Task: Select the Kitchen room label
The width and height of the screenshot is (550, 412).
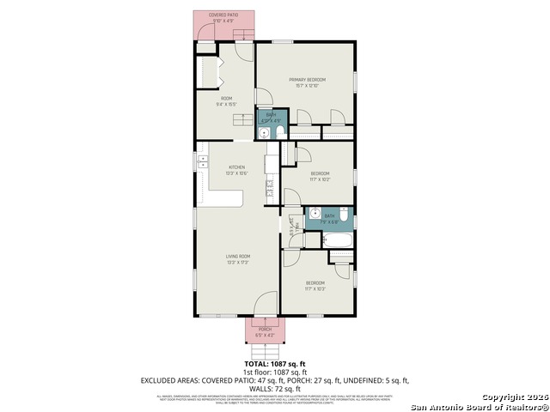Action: (236, 167)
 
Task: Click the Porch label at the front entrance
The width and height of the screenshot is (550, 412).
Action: (265, 329)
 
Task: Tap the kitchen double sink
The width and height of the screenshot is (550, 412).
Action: (203, 163)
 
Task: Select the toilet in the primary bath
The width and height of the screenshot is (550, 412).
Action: (276, 132)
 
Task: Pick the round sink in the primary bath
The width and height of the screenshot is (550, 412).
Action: (264, 132)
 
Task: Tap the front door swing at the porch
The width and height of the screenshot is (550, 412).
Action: (266, 305)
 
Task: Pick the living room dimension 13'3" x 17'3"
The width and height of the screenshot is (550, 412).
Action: (237, 263)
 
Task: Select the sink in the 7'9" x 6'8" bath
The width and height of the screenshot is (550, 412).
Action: (315, 215)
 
